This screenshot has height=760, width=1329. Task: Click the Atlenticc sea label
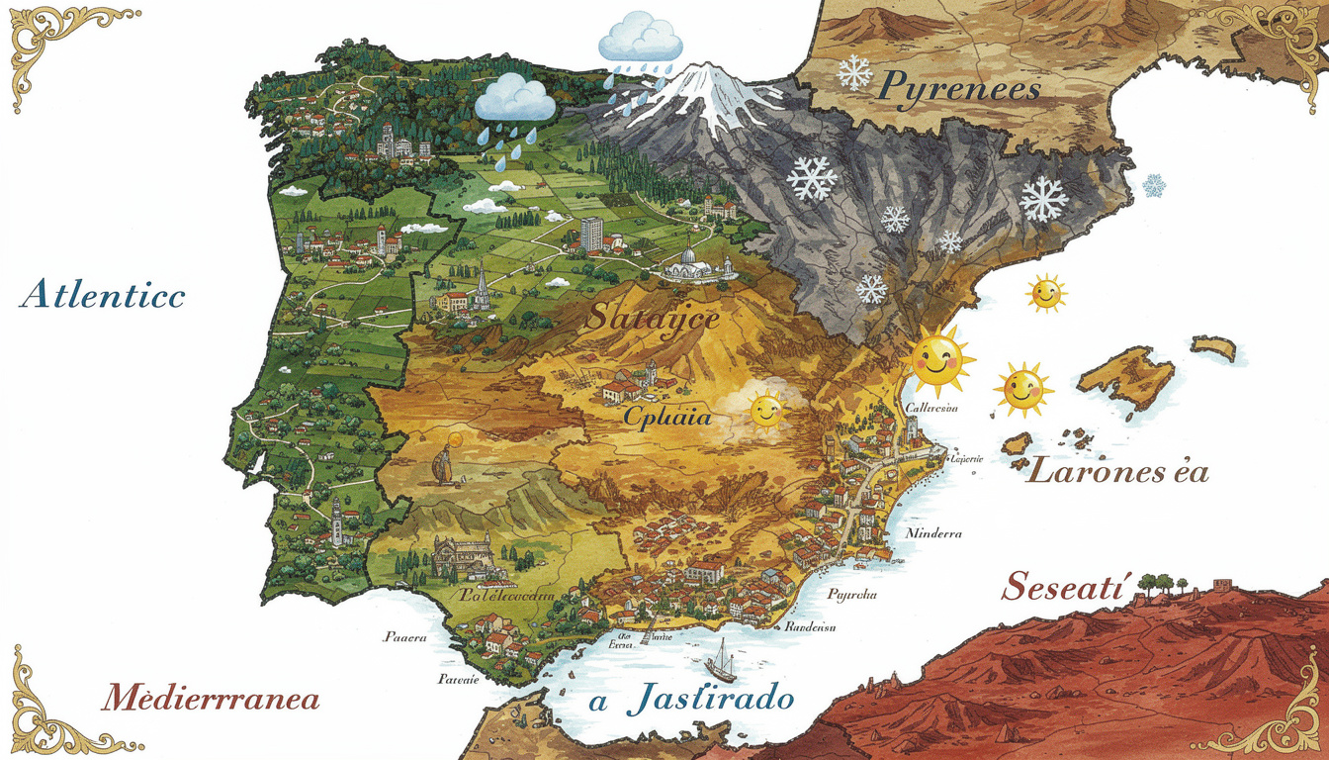click(x=102, y=294)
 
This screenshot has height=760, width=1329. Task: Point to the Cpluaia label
click(x=666, y=417)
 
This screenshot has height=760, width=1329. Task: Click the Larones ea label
click(x=1118, y=471)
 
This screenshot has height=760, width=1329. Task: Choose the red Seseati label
click(x=1062, y=587)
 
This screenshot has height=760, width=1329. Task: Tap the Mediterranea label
click(x=211, y=699)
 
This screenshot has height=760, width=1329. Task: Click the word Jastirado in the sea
click(x=710, y=699)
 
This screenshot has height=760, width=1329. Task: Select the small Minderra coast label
click(x=932, y=533)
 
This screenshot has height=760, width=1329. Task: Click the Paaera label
click(x=404, y=637)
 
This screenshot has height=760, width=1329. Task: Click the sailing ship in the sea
click(x=723, y=661)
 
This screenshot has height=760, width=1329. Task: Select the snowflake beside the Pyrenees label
click(x=853, y=72)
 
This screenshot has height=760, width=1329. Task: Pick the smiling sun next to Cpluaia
click(x=764, y=410)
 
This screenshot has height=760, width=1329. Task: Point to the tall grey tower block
click(x=591, y=234)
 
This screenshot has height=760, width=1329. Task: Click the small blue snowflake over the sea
click(x=1153, y=185)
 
